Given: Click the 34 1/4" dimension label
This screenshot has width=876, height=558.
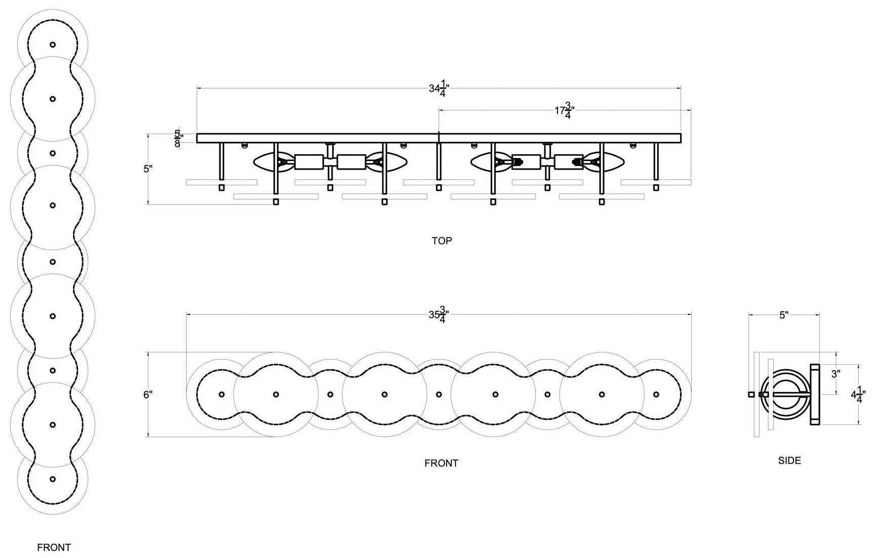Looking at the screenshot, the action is point(439,89).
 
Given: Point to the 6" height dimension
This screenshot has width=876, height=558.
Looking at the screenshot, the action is point(148,394).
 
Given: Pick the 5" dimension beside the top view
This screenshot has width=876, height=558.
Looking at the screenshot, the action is point(148,169).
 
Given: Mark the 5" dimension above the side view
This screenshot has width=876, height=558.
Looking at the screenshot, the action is point(784,315).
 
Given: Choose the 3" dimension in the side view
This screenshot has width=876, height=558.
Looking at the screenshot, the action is point(836,374).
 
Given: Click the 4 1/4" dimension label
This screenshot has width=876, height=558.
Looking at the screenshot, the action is point(858,394).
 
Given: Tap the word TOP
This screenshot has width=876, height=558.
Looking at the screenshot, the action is point(442,241).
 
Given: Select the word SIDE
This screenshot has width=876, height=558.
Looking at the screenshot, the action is point(789,461).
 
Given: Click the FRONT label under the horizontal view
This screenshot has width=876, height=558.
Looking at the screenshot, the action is point(442,463).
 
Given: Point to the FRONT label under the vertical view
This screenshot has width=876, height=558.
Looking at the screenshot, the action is point(54,547).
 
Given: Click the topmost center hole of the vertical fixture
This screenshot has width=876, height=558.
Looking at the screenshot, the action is point(53,45).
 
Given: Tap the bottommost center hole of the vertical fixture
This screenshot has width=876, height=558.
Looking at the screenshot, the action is point(53,479).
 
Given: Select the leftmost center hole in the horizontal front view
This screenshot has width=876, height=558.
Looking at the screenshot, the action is point(221,394).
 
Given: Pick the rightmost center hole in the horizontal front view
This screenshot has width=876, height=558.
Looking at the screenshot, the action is point(656,394).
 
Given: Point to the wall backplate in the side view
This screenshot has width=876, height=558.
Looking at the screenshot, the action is point(815,394).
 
